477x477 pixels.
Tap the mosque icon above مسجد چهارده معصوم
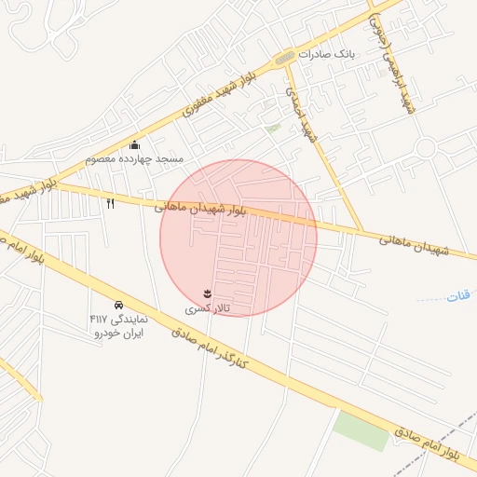[x=135, y=144]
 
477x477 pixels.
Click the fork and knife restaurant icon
[x=111, y=203]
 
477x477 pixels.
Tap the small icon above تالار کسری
[x=207, y=293]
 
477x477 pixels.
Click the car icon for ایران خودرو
[x=118, y=305]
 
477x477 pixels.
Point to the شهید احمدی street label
[x=301, y=117]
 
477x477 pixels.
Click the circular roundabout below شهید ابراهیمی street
[x=427, y=147]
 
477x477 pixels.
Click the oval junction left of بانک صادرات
[x=285, y=58]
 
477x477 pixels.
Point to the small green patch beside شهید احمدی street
[x=273, y=128]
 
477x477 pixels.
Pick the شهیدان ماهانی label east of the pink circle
[x=414, y=245]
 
